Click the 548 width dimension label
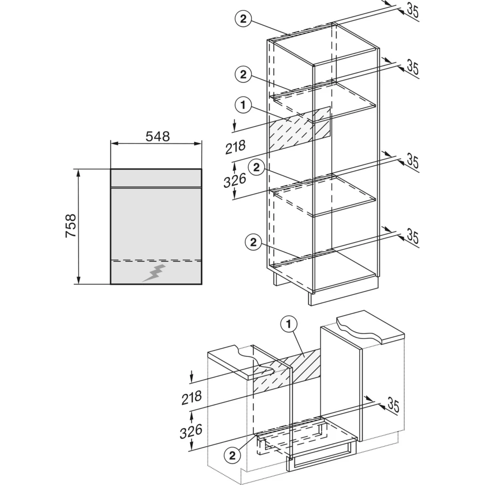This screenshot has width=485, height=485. tap(158, 136)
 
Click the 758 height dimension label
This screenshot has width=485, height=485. tap(71, 226)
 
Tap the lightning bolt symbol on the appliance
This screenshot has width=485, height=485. tap(154, 273)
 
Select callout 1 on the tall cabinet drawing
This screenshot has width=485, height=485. tap(243, 105)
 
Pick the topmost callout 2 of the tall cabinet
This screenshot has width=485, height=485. tap(243, 19)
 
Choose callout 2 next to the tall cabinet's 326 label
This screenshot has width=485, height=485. tap(257, 167)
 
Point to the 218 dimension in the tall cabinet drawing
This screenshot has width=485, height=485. tap(236, 147)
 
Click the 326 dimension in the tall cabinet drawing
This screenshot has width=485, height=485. tap(235, 180)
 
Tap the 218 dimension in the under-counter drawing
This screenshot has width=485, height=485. tap(192, 398)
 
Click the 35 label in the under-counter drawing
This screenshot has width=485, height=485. tap(393, 405)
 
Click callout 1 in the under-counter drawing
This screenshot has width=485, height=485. tap(289, 324)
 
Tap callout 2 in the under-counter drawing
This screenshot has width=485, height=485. tap(232, 455)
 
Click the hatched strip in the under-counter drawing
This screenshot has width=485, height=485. tap(287, 371)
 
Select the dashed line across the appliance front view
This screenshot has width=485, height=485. tap(156, 260)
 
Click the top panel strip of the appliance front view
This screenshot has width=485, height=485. tap(156, 178)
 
